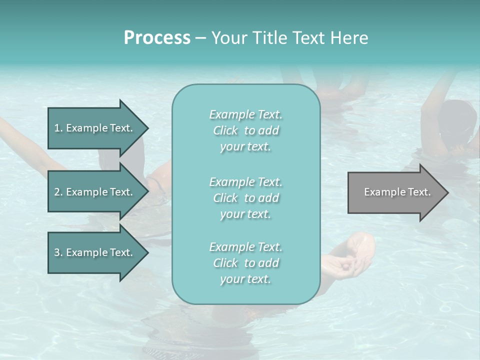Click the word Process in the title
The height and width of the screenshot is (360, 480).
157,37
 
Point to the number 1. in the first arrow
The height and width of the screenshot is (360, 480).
58,128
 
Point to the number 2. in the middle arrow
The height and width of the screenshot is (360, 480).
58,192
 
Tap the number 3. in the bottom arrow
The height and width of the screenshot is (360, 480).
58,252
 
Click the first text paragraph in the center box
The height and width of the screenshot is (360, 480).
245,130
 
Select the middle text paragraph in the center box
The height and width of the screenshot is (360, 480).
245,197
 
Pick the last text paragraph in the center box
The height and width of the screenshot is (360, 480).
245,263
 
